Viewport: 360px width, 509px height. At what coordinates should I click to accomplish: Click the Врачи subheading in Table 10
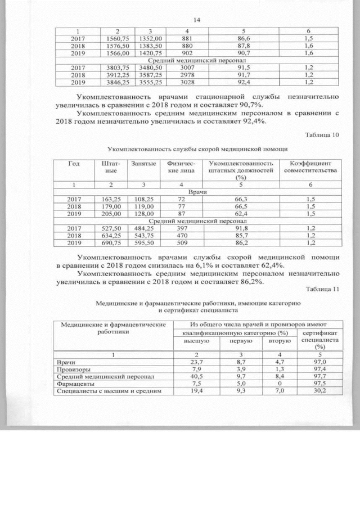(x=196, y=192)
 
